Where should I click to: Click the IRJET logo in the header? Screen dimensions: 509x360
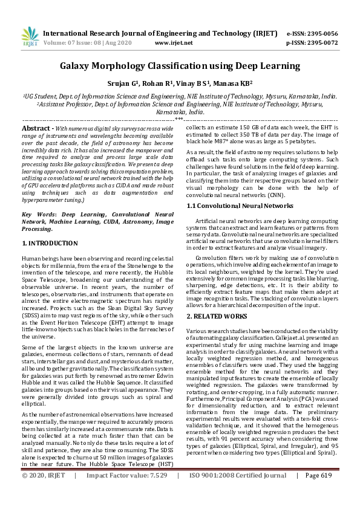29,37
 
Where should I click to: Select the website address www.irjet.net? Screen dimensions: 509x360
174,43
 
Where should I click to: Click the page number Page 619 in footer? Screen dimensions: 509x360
319,492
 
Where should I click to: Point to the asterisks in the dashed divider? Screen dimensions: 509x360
180,119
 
